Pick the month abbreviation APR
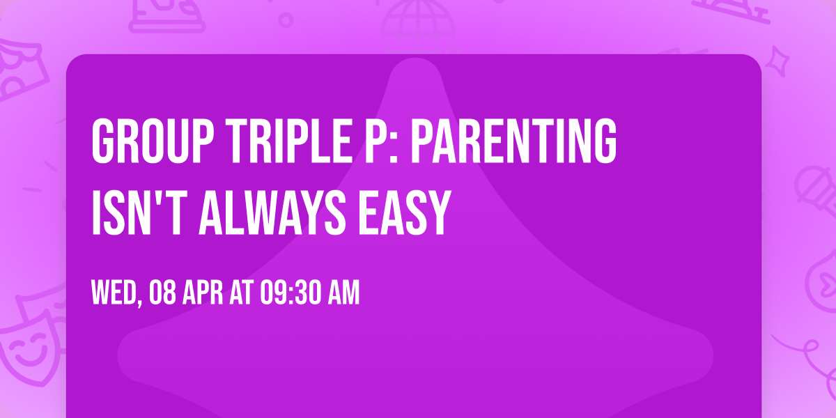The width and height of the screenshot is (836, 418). (x=202, y=293)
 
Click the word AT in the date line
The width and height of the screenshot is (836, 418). (x=241, y=293)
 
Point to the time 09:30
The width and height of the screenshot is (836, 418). (x=289, y=293)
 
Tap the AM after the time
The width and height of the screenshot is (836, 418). (x=343, y=293)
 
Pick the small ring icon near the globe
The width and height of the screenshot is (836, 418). (x=285, y=19)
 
